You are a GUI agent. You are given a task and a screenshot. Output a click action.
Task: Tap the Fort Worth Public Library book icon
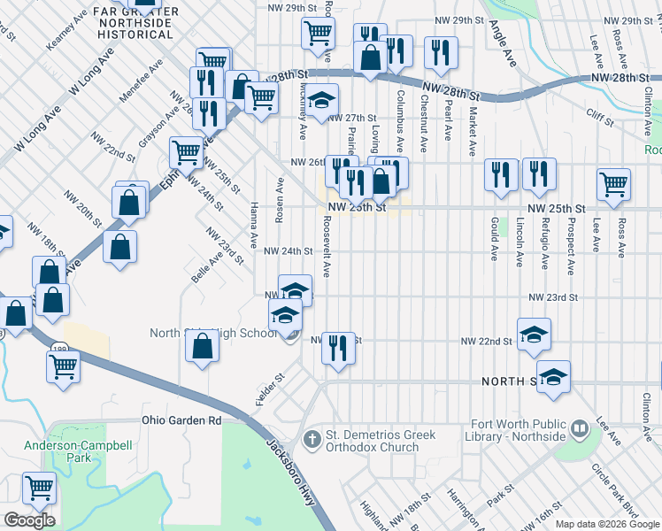point(579,429)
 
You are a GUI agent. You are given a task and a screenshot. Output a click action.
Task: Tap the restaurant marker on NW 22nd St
point(338,348)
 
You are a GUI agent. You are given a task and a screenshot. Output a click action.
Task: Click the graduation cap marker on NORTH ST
point(553,376)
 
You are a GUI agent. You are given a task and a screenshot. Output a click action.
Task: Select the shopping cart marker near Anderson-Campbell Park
point(39,488)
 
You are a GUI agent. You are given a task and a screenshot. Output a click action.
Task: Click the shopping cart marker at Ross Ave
point(613,184)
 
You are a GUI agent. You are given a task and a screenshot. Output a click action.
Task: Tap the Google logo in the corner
point(29,520)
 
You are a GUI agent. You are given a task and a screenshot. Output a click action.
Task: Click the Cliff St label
point(600,113)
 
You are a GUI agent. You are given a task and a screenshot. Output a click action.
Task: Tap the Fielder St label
point(270,390)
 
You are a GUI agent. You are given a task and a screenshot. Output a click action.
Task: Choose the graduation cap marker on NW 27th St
point(323,100)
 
